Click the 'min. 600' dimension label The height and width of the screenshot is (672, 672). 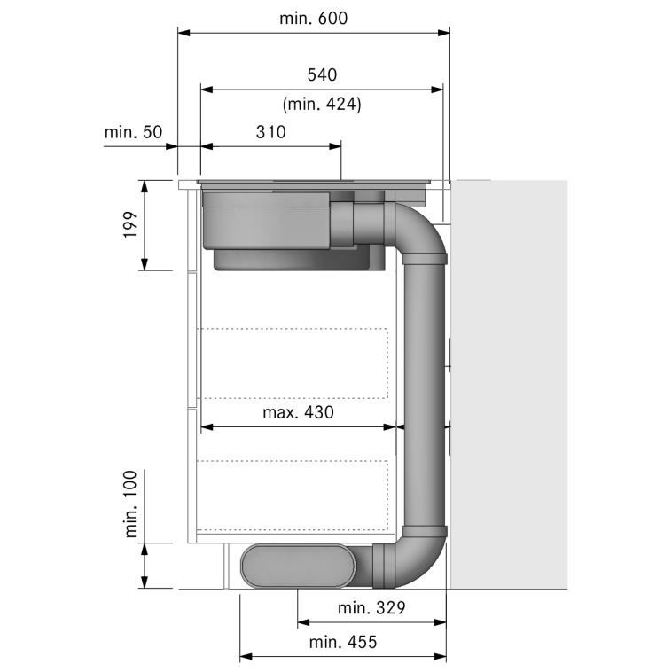pos(313,19)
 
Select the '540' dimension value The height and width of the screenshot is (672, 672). pos(322,75)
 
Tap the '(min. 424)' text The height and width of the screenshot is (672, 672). pos(322,104)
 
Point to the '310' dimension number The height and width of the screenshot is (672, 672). pos(271,132)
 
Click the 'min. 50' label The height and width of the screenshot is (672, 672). pos(133,132)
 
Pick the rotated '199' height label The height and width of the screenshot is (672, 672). pos(129,224)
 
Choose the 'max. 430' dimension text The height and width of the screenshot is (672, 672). pos(298,412)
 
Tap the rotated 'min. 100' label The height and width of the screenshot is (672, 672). pos(130,504)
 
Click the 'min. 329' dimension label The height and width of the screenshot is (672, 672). pos(371,607)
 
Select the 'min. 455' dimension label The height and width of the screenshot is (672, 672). pos(343,642)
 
